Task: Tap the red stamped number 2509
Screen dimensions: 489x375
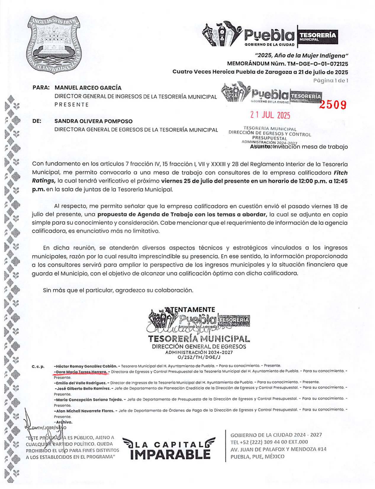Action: [333, 105]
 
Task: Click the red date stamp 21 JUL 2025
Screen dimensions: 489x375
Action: [270, 115]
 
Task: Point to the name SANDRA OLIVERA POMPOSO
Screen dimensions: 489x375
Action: [93, 121]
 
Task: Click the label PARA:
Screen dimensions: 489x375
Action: [41, 88]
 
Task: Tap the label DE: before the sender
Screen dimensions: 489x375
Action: [37, 121]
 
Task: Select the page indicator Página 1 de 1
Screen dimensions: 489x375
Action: [330, 80]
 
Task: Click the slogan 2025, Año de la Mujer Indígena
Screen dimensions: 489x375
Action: [302, 56]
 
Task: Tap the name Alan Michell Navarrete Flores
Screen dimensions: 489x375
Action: [84, 411]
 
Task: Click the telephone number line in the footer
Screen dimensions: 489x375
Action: [269, 442]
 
